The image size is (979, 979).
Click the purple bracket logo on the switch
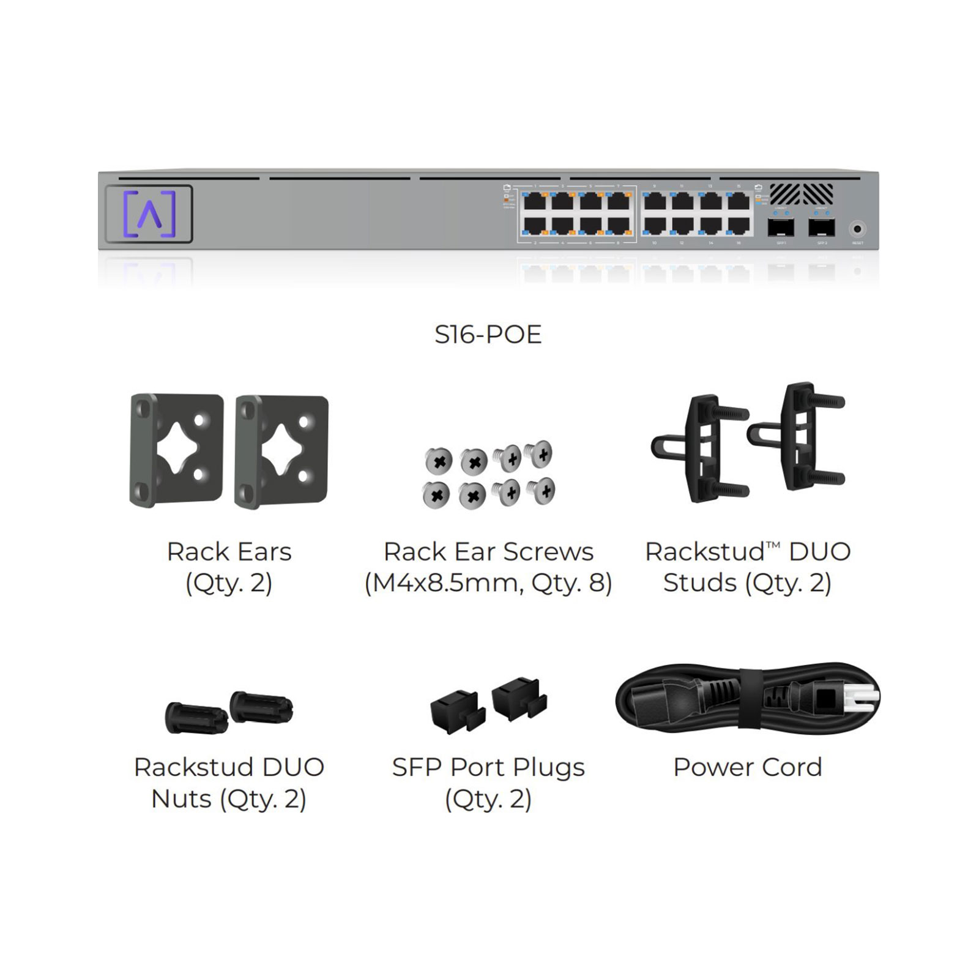coord(149,214)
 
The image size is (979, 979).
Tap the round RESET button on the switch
coord(857,229)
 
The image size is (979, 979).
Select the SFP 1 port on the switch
coord(781,228)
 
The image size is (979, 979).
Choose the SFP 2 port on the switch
coord(821,228)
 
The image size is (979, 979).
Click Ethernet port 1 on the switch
coord(535,201)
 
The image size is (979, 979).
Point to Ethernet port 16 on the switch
coord(739,226)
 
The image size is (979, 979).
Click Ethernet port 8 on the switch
coord(619,226)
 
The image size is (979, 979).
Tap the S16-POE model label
coord(488,335)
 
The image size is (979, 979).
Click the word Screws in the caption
coord(553,552)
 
